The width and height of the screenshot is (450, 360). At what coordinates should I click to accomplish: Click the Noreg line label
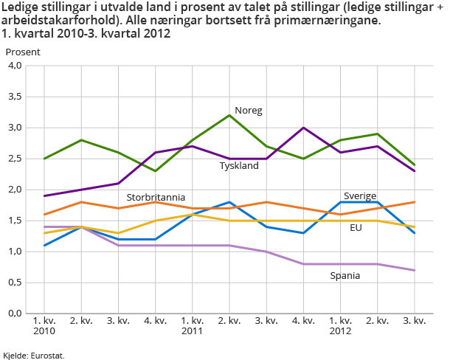(249, 111)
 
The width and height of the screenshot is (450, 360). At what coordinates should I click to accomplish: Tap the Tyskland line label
(239, 166)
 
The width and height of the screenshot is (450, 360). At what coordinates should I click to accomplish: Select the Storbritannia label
(156, 198)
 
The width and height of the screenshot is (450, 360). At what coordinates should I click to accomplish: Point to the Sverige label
(360, 195)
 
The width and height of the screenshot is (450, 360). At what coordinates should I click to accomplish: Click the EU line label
(356, 228)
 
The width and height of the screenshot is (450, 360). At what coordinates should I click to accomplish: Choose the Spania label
(345, 275)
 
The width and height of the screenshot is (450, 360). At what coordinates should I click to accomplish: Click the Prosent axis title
(23, 52)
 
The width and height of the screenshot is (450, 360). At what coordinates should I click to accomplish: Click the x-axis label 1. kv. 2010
(45, 325)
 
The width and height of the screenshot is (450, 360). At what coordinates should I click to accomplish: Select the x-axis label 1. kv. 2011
(193, 325)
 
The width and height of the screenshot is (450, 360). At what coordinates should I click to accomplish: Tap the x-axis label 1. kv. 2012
(340, 325)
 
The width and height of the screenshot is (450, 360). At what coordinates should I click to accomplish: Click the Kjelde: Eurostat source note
(34, 355)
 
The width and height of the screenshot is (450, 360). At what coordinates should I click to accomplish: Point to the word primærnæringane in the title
(336, 21)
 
